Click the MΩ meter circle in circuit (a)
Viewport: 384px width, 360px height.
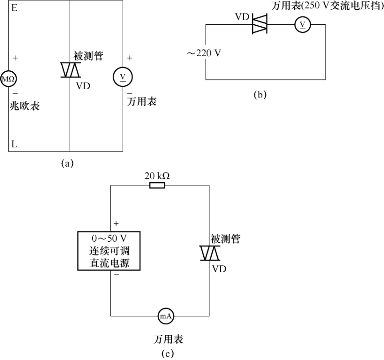(x=8, y=79)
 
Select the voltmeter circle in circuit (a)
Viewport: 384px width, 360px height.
(x=123, y=77)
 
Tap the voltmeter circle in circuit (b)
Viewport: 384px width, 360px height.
(x=302, y=24)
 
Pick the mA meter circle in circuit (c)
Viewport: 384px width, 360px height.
(x=166, y=316)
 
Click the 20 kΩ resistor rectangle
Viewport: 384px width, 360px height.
(x=157, y=186)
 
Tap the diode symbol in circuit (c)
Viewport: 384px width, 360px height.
(x=210, y=253)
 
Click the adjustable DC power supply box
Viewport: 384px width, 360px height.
(x=109, y=251)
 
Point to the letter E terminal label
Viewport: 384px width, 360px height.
(x=14, y=8)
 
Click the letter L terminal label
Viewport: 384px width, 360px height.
(x=14, y=144)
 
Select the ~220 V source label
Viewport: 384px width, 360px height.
(x=204, y=53)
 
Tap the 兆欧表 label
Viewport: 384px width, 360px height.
(x=25, y=106)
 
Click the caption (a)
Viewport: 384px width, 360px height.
(x=67, y=163)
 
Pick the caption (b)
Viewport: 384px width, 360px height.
(x=260, y=95)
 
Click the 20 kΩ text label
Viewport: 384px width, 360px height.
(x=157, y=176)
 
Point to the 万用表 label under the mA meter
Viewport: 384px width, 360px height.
(x=168, y=339)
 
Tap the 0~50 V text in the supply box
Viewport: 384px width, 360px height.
(x=109, y=239)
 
